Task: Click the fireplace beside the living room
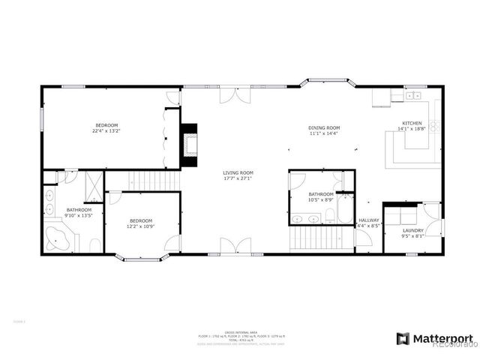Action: coord(190,144)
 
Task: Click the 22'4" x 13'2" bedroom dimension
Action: coord(106,131)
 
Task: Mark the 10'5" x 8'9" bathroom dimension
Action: coord(322,200)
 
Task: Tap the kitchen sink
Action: coord(412,95)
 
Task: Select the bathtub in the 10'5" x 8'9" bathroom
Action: coord(344,208)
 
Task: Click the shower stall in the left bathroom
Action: coord(94,183)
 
